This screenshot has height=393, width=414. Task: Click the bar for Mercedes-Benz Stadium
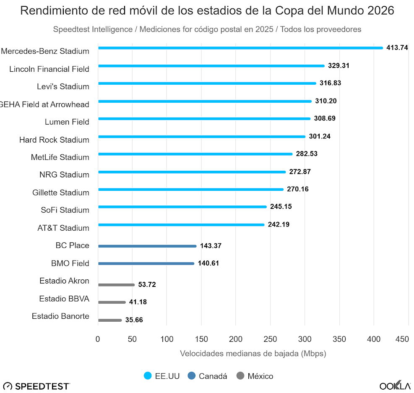[x=240, y=48]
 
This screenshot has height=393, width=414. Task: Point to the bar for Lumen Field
[x=204, y=119]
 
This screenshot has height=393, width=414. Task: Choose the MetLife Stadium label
[x=60, y=157]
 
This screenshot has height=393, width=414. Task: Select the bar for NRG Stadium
[x=192, y=172]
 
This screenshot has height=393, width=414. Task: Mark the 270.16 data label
[x=297, y=189]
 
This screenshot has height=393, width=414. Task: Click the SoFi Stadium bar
[x=182, y=207]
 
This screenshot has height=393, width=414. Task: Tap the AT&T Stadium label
[x=63, y=228]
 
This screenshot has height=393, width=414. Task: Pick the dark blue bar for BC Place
[x=147, y=246]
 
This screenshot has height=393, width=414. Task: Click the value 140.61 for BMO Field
[x=208, y=263]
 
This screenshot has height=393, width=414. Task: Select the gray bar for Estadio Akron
[x=116, y=285]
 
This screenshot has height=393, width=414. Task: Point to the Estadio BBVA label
[x=64, y=299]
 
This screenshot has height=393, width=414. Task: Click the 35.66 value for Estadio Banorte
[x=134, y=320]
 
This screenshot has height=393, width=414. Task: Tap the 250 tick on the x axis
[x=270, y=339]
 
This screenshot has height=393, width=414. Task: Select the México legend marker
[x=240, y=376]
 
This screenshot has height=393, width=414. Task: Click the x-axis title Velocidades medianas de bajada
[x=253, y=354]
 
